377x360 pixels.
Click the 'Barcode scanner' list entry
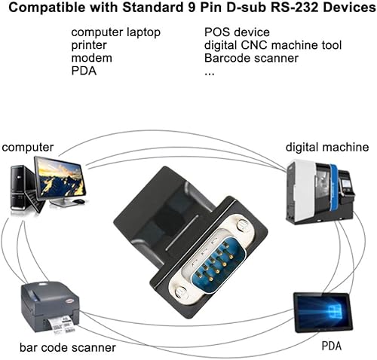click(251, 58)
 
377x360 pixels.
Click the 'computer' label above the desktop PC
click(29, 147)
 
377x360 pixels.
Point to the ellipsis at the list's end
click(210, 72)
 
